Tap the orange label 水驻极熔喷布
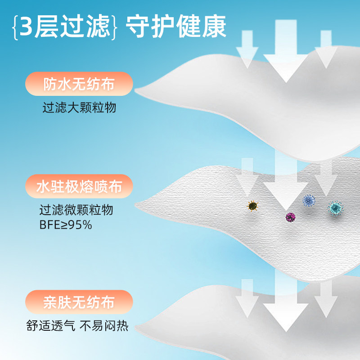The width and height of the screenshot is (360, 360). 79,187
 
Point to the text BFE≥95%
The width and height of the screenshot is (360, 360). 66,224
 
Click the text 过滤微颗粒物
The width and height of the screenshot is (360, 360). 76,210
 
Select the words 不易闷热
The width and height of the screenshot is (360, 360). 104,326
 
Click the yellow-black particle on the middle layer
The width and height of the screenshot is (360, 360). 252,206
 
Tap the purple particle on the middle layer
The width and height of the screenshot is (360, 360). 290,217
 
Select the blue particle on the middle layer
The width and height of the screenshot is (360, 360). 308,201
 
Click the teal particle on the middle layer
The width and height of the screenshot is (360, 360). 335,208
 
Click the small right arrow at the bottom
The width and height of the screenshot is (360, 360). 325,299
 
